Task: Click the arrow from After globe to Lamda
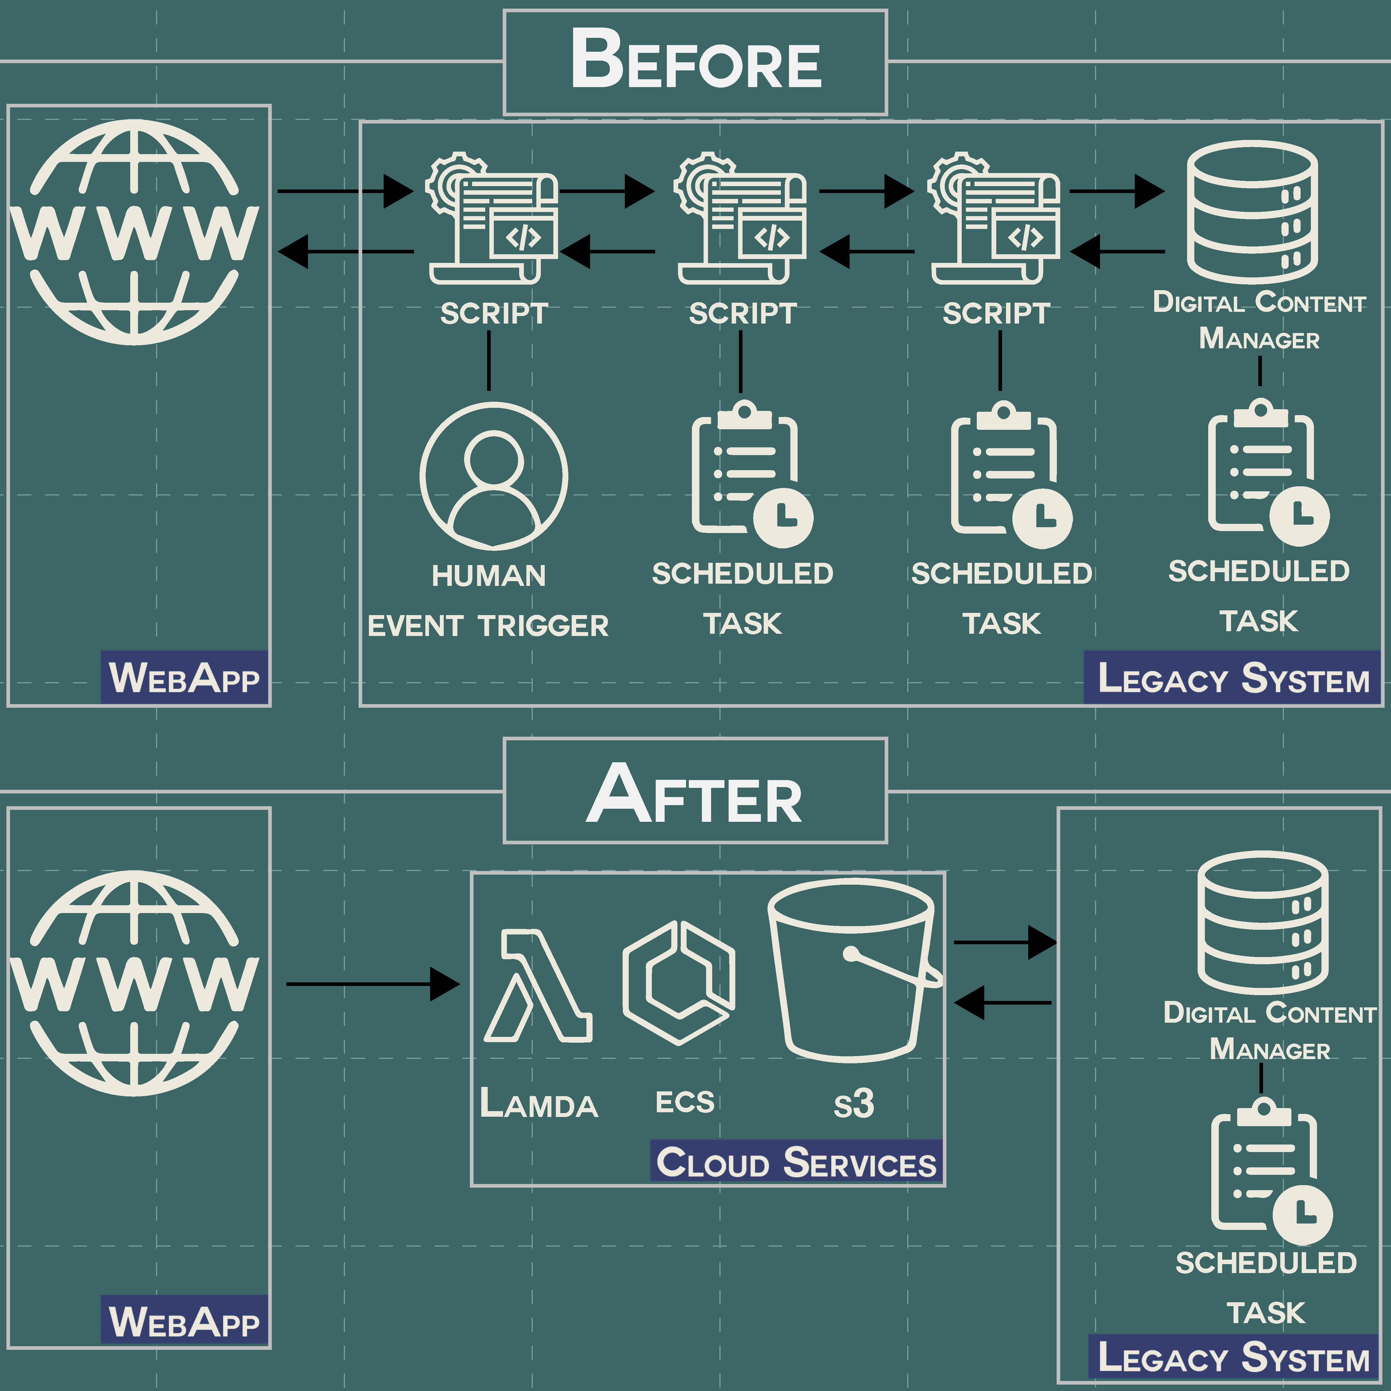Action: pos(372,983)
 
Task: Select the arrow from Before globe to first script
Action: pos(346,191)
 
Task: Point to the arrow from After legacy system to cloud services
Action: pos(1003,1002)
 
